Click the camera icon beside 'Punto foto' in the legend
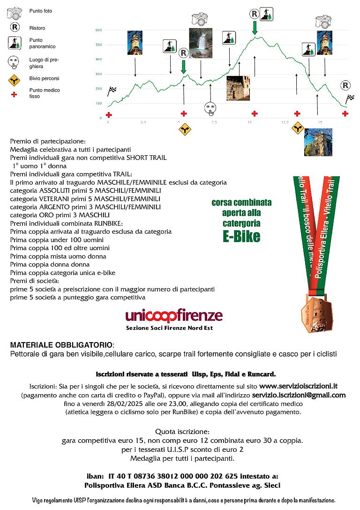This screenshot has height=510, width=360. (x=15, y=12)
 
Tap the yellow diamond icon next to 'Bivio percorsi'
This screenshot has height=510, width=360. (x=15, y=81)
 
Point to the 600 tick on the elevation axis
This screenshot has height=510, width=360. (x=98, y=30)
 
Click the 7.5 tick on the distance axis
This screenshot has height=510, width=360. (x=214, y=122)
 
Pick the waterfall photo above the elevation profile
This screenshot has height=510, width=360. (x=200, y=43)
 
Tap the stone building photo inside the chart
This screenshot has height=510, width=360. (x=238, y=88)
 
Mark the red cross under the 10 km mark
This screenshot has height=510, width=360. (x=255, y=114)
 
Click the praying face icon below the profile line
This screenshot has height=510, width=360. (x=210, y=108)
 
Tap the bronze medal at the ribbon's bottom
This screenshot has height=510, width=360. (x=315, y=320)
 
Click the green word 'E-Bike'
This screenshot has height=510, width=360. (x=241, y=236)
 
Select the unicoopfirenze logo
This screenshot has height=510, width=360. (x=174, y=316)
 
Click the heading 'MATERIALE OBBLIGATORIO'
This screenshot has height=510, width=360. (x=61, y=345)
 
